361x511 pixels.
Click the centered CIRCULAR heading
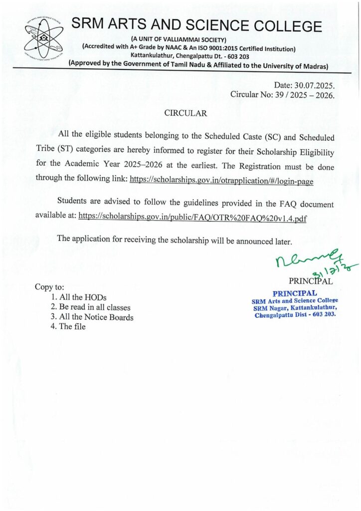point(185,113)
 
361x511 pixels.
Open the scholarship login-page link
point(221,181)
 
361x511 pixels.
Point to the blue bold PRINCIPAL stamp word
point(295,293)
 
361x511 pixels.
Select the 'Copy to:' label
point(49,287)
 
